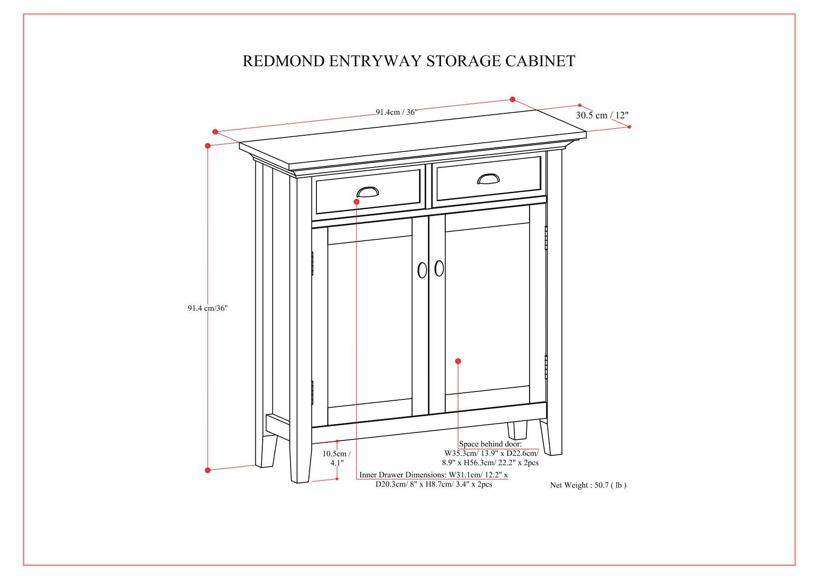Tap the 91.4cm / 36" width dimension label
(396, 112)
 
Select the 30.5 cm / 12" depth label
(602, 115)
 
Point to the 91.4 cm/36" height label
(207, 308)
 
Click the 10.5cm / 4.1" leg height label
(336, 458)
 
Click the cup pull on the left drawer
(368, 192)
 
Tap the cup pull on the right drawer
(488, 179)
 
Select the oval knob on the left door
(422, 270)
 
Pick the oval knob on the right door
(439, 268)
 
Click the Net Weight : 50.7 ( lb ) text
(588, 485)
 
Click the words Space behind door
(490, 444)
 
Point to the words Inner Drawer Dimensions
(402, 475)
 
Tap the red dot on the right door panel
(458, 361)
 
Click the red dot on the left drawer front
(357, 202)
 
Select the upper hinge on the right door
(546, 238)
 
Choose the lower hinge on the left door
(312, 392)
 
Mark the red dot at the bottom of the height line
(208, 470)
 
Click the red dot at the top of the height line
(208, 146)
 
